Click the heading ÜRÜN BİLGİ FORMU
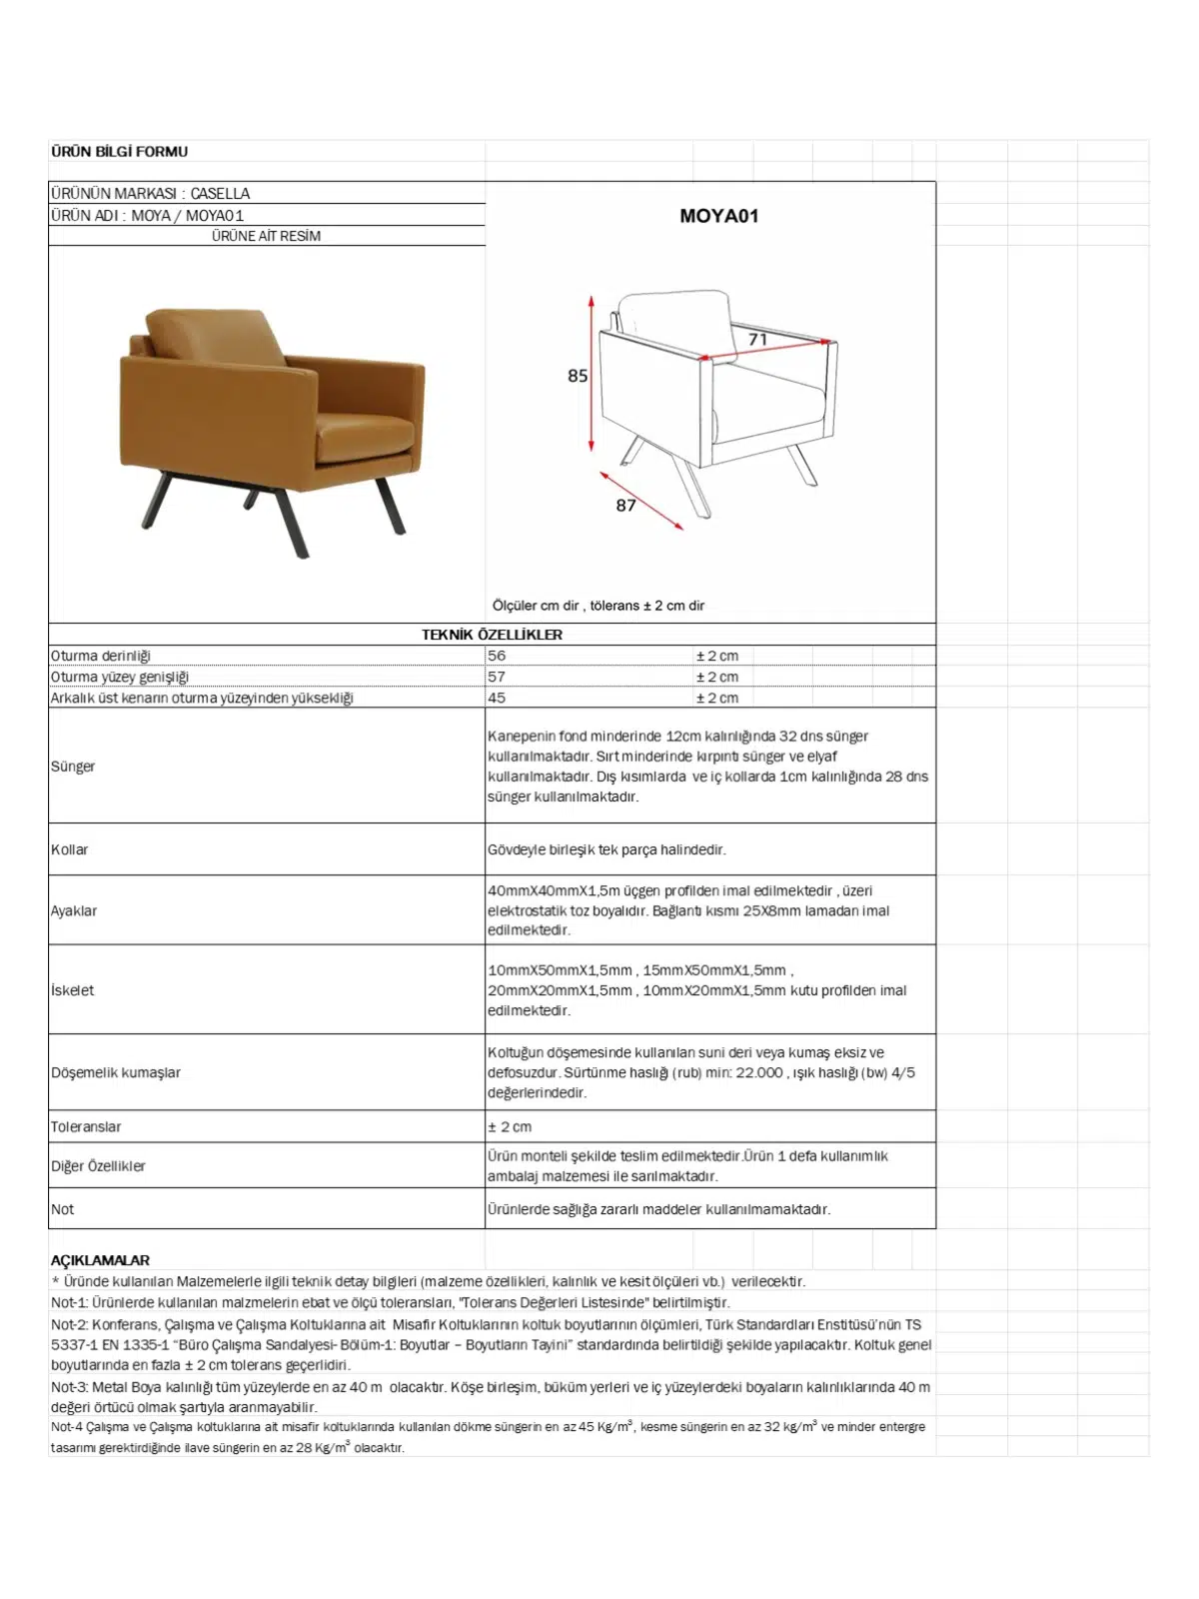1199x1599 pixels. (x=119, y=152)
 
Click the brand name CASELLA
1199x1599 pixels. (x=220, y=193)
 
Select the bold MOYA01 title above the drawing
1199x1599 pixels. (x=718, y=216)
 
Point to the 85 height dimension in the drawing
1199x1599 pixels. (x=578, y=376)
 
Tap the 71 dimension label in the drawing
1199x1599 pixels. (x=758, y=340)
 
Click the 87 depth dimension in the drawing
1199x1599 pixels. (x=625, y=506)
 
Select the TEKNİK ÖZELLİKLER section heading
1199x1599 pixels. (x=492, y=635)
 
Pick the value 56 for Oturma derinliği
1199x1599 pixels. (x=497, y=656)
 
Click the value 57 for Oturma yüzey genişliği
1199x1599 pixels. (x=497, y=677)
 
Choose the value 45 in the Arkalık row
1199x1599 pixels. (x=497, y=698)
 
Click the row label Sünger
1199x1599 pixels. (x=73, y=767)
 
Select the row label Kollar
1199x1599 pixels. (x=70, y=849)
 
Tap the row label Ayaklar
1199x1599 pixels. (x=74, y=910)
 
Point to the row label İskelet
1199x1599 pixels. (x=73, y=990)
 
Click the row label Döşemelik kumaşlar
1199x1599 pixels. (x=116, y=1072)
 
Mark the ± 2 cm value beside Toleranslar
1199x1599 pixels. (x=510, y=1126)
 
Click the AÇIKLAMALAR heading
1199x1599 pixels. (x=100, y=1260)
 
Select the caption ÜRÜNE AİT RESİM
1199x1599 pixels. (x=266, y=236)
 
